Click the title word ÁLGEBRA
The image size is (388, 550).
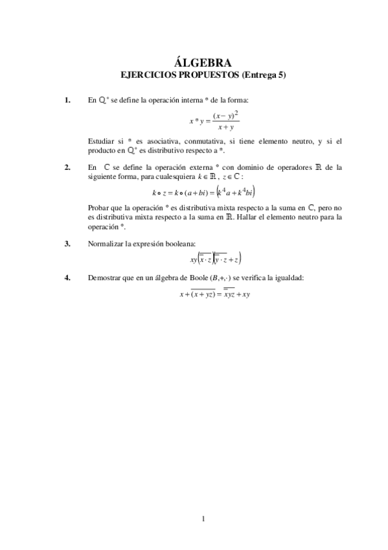pyautogui.click(x=203, y=63)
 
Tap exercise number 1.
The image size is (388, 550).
pyautogui.click(x=67, y=101)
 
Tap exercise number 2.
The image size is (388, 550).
pyautogui.click(x=67, y=167)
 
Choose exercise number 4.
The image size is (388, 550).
pyautogui.click(x=67, y=278)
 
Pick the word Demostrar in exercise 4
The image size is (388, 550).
pyautogui.click(x=104, y=278)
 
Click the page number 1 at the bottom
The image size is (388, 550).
pyautogui.click(x=203, y=518)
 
